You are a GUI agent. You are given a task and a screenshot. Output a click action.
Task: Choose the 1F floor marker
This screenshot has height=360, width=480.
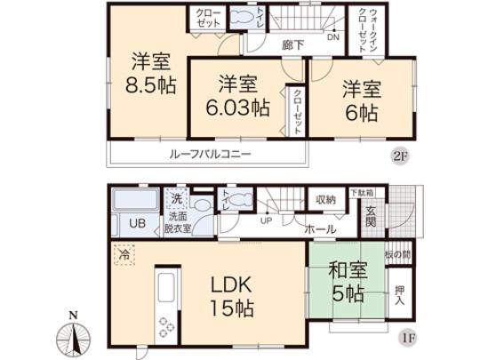(x=401, y=339)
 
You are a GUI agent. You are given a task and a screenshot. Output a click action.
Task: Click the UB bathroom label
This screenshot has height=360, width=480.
(x=139, y=224)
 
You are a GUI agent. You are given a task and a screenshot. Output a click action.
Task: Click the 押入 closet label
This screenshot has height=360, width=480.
(x=400, y=292)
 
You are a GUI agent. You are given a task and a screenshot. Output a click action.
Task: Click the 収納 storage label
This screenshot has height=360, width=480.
(x=324, y=200)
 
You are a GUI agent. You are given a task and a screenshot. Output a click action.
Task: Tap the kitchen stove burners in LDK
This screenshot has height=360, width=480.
(x=165, y=326)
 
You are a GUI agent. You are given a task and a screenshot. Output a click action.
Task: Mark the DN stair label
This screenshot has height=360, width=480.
(x=332, y=38)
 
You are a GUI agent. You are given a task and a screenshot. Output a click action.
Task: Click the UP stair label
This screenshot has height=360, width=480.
(x=265, y=221)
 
